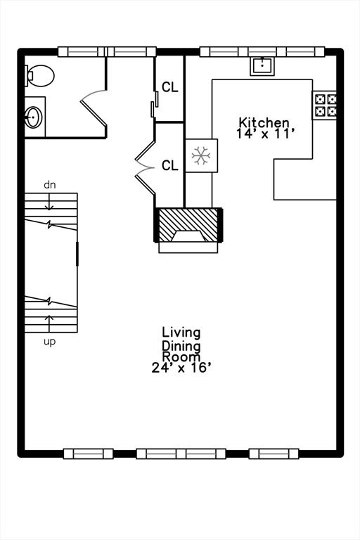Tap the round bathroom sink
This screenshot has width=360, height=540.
(x=34, y=117)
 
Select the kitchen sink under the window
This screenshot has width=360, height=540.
(x=262, y=66)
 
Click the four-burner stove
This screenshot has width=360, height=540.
(x=324, y=105)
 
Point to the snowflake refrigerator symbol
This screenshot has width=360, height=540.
(x=201, y=155)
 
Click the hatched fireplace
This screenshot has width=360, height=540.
(x=188, y=225)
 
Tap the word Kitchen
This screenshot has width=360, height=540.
(x=264, y=122)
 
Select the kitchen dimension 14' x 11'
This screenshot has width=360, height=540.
(x=266, y=134)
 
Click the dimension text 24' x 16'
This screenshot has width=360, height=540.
(x=181, y=368)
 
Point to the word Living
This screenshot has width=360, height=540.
(x=181, y=333)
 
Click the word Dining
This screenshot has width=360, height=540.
(x=181, y=346)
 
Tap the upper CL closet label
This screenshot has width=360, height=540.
(x=170, y=87)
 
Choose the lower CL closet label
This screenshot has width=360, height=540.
(x=170, y=166)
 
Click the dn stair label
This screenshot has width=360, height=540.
(x=50, y=185)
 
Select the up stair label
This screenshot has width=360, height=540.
(x=50, y=342)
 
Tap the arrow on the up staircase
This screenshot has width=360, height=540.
(x=49, y=323)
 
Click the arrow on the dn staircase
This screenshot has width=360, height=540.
(x=49, y=202)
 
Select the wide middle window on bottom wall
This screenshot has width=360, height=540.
(x=181, y=454)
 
